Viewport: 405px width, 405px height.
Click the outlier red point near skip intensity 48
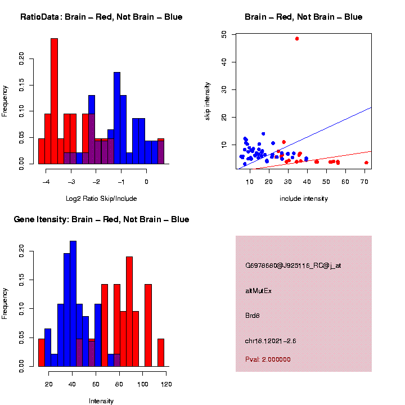click(297, 38)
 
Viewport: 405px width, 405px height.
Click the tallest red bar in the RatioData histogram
click(54, 101)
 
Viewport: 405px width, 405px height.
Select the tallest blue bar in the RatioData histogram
click(117, 118)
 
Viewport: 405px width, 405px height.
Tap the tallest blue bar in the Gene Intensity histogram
click(73, 304)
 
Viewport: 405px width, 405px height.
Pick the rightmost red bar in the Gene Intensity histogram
click(161, 353)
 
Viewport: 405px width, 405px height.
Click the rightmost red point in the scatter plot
click(366, 163)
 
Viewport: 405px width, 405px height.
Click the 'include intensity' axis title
click(304, 199)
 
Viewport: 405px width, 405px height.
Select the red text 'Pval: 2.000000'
click(268, 359)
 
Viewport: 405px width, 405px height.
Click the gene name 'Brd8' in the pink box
click(253, 316)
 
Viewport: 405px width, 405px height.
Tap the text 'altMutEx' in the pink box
click(259, 291)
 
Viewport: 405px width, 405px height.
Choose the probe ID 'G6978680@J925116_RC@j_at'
click(293, 265)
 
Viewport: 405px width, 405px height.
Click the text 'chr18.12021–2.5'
click(271, 341)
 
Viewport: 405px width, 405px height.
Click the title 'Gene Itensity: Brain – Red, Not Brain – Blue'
click(101, 219)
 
